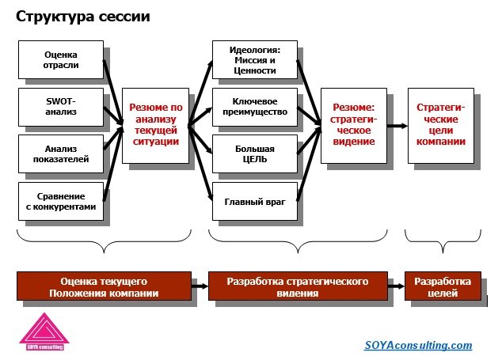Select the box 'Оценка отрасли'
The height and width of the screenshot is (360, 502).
[61, 60]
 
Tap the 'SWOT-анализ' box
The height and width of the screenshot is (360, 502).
[61, 107]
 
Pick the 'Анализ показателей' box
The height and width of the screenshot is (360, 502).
[61, 153]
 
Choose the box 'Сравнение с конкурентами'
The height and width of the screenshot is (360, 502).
[61, 201]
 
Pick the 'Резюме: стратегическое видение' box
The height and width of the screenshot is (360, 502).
[353, 123]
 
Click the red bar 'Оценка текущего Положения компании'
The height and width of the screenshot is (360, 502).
[105, 286]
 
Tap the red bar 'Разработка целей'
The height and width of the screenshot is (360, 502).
[443, 286]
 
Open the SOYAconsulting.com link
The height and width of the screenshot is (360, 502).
[418, 345]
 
